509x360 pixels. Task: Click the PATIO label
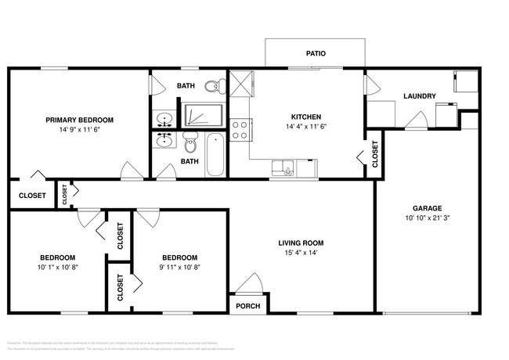(x=315, y=54)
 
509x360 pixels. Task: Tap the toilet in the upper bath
(x=211, y=86)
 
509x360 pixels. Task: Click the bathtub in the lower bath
(x=215, y=154)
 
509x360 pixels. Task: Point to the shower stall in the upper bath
(x=202, y=114)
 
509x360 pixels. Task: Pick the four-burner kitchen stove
(x=240, y=129)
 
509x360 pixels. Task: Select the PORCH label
(x=248, y=305)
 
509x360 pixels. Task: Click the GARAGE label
(x=428, y=208)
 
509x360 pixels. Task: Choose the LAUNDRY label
(x=419, y=97)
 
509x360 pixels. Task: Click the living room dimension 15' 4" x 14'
(x=301, y=253)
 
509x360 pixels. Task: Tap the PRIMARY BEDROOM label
(x=79, y=120)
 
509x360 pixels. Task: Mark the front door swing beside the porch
(x=251, y=283)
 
